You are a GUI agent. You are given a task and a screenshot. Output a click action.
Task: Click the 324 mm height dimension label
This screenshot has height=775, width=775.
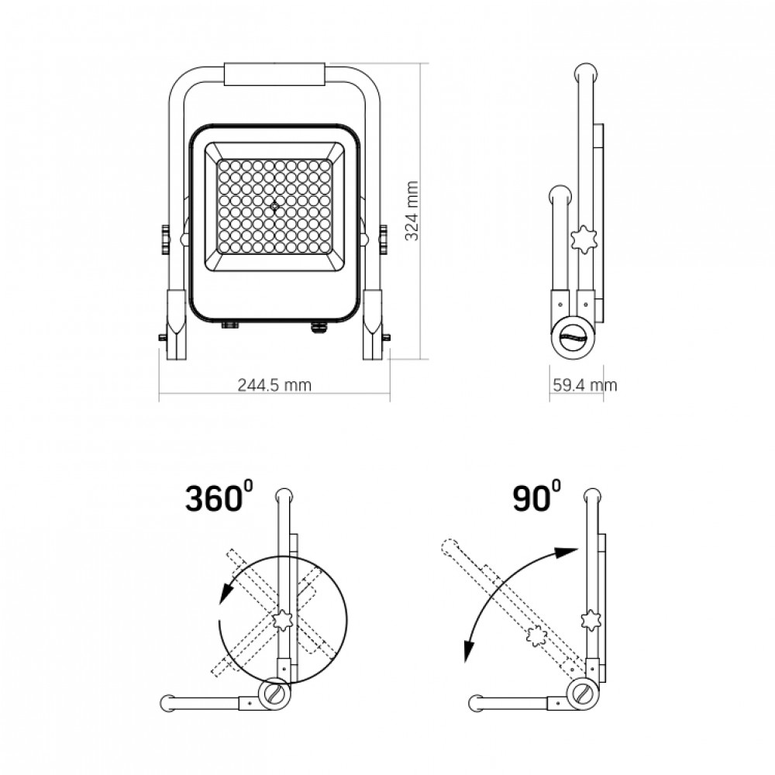click(412, 211)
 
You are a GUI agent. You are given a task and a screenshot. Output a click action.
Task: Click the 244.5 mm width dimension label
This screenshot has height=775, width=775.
click(274, 385)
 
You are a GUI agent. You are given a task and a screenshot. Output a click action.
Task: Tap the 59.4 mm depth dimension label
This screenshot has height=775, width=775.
click(584, 385)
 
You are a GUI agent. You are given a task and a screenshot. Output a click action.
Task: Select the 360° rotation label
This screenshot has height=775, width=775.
click(219, 497)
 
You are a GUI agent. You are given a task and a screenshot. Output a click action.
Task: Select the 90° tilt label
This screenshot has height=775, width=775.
click(537, 497)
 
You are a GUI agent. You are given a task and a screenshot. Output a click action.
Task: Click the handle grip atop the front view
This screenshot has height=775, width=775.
click(275, 74)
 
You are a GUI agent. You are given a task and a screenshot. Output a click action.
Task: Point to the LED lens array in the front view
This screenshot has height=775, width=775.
click(274, 206)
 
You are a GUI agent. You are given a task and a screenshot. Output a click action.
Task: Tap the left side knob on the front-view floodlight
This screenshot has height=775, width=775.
click(164, 239)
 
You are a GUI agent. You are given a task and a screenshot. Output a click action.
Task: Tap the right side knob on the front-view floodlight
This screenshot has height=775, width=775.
click(384, 239)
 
